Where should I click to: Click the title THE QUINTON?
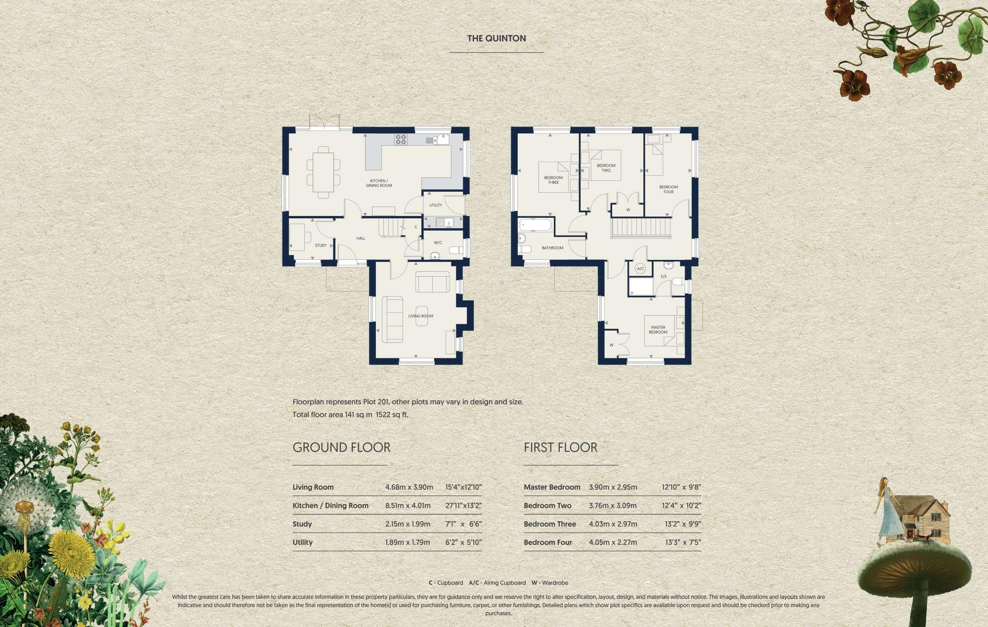[496, 39]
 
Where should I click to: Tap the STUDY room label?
[321, 246]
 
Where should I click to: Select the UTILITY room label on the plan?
[436, 205]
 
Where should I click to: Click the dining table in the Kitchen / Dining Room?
[323, 172]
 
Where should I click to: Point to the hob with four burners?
[401, 139]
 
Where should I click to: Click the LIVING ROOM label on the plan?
[420, 316]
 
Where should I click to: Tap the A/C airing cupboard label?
[640, 269]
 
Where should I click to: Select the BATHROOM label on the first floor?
[552, 248]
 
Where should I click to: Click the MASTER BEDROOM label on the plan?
[658, 330]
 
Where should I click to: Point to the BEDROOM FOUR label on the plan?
[668, 189]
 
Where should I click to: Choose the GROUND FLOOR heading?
[341, 448]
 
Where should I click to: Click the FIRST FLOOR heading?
[560, 448]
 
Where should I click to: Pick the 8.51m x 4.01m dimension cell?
[408, 505]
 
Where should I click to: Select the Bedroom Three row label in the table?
[550, 524]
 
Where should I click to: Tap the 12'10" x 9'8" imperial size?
[681, 487]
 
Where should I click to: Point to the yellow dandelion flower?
[72, 551]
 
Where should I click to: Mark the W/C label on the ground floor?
[438, 243]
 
